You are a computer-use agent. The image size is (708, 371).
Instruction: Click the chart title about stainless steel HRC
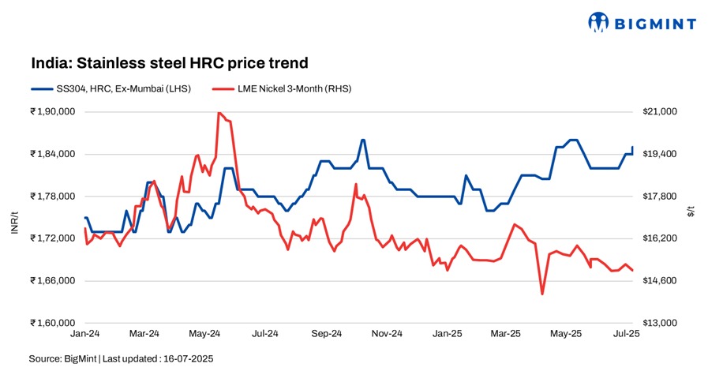(168, 62)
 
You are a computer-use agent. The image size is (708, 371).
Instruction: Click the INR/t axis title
(14, 217)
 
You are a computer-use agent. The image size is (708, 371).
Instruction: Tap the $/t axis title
(692, 212)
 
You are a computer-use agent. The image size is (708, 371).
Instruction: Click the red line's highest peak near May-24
(219, 113)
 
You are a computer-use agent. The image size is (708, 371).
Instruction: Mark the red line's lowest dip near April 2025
(542, 294)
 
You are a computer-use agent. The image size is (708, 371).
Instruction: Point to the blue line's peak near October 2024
(362, 140)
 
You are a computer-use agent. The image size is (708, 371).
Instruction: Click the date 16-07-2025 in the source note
(185, 359)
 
